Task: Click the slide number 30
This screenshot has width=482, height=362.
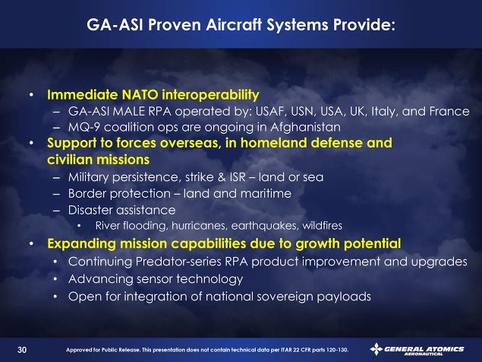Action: click(22, 350)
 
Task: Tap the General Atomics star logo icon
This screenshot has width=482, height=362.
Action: click(376, 349)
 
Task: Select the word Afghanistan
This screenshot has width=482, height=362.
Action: click(305, 127)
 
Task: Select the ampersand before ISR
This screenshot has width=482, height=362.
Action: click(222, 177)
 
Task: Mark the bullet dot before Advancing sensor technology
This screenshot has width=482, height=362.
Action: click(55, 279)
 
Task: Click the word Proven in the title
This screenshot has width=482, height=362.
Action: click(175, 24)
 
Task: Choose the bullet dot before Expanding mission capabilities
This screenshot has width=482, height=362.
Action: click(31, 243)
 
